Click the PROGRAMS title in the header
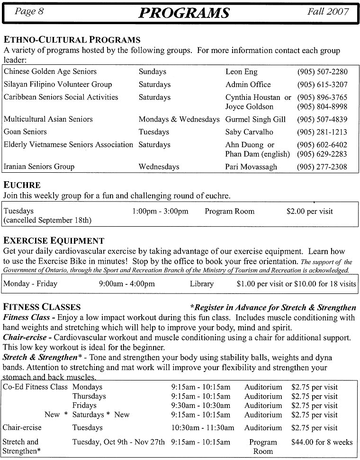click(x=184, y=13)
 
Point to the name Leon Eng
click(x=241, y=72)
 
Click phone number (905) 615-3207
click(x=322, y=85)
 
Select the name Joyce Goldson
click(x=249, y=106)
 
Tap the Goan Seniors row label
click(x=25, y=132)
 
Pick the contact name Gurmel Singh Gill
click(x=256, y=119)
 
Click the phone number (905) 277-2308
click(x=322, y=167)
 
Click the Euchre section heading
click(x=22, y=185)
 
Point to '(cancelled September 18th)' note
click(x=47, y=220)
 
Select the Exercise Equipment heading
click(x=54, y=241)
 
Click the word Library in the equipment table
click(x=201, y=284)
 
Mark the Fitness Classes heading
click(x=42, y=307)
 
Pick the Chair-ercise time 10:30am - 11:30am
click(x=203, y=428)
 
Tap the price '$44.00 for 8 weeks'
click(x=322, y=442)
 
